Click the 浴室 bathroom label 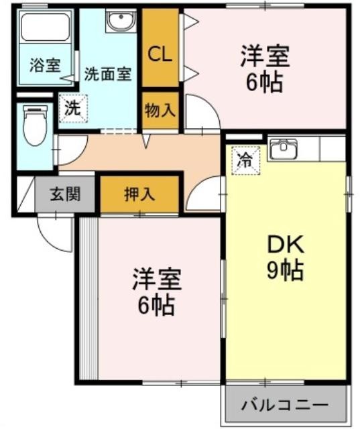point(45,66)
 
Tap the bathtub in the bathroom point(45,27)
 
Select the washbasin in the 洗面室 point(121,21)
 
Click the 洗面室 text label point(108,74)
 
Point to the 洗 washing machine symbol point(73,109)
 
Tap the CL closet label point(160,55)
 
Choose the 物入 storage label point(160,110)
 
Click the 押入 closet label point(139,194)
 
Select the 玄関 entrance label point(65,194)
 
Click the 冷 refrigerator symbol point(245,161)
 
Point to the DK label point(286,245)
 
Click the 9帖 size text point(286,270)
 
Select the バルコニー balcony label point(285,405)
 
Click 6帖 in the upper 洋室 point(264,82)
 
